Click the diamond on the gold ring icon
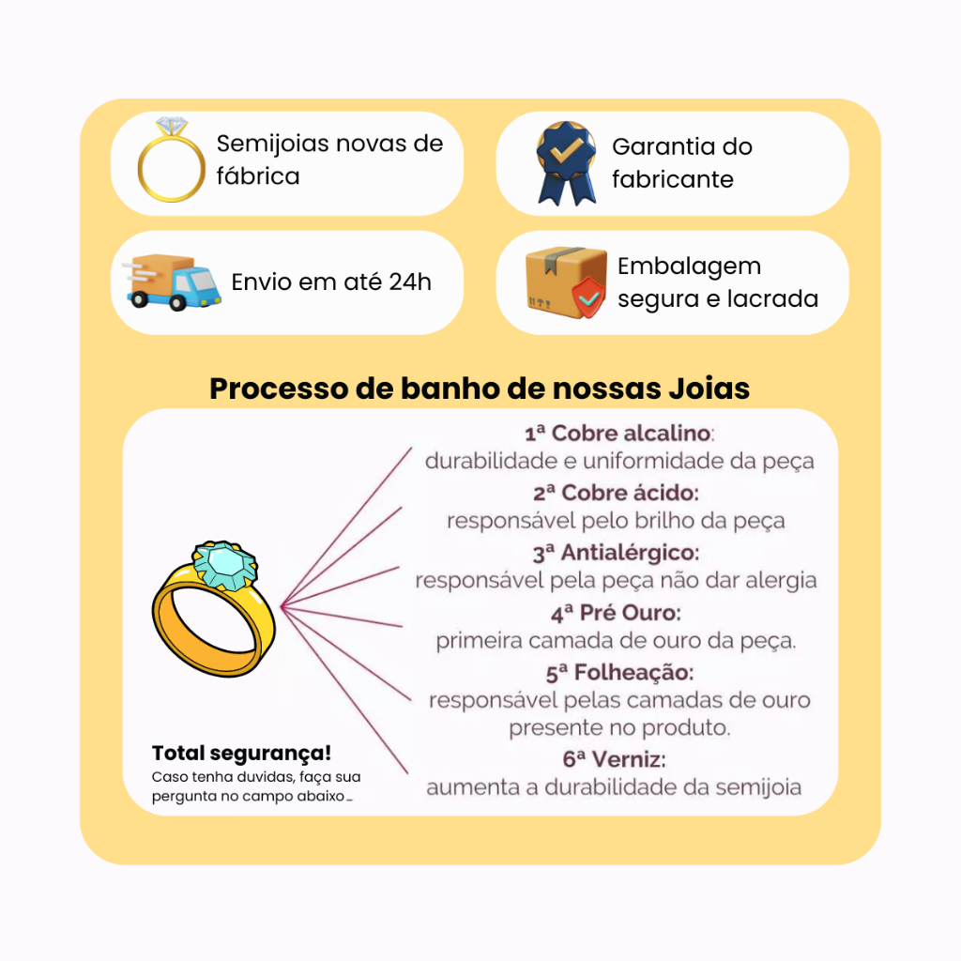coord(172,126)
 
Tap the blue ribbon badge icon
coord(566,163)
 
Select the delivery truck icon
coord(172,282)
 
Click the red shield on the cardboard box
coord(588,297)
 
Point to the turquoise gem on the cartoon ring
coord(225,566)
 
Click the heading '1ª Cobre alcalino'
coord(618,434)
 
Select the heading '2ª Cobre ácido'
coord(616,493)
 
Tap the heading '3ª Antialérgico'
coord(616,553)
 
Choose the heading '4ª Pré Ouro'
coord(616,613)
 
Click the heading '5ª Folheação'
coord(619,673)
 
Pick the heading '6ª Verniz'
coord(614,759)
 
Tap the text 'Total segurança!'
coord(241,754)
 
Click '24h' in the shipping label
coord(410,282)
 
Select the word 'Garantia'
coord(664,146)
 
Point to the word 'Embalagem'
coord(689,267)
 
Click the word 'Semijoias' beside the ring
coord(273,144)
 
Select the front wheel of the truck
coord(178,302)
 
